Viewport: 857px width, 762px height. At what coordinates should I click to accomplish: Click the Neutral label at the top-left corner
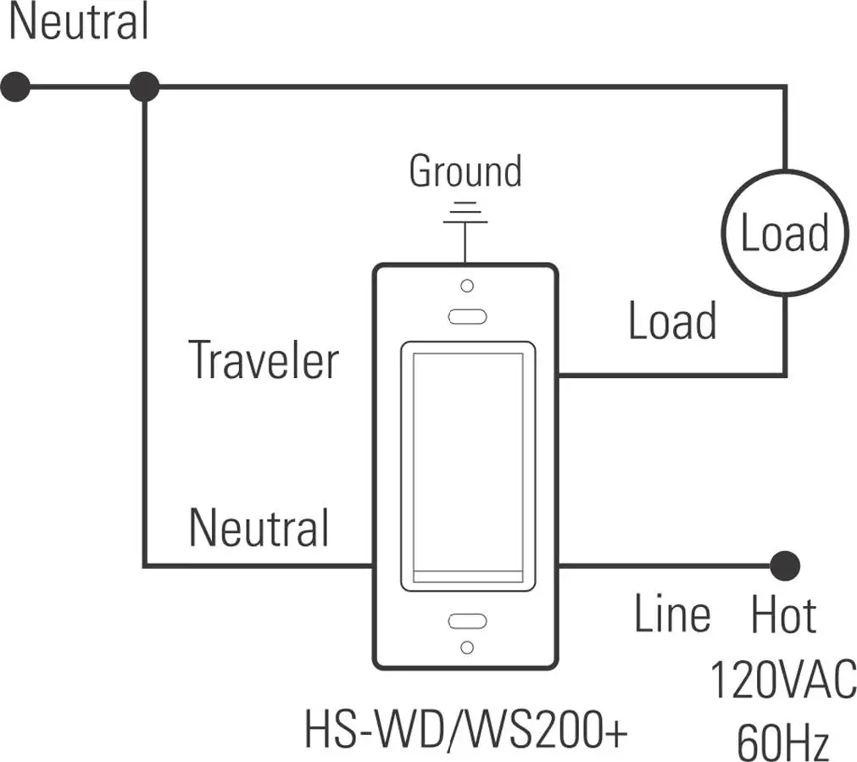(79, 23)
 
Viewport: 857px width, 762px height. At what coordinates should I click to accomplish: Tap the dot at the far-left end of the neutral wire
(16, 86)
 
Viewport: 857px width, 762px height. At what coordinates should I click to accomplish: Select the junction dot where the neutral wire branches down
(145, 86)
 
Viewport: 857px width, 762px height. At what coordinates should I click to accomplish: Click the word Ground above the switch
(465, 172)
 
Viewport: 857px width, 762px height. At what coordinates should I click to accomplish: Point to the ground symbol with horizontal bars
(465, 213)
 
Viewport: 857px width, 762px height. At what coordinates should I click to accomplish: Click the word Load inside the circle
(784, 233)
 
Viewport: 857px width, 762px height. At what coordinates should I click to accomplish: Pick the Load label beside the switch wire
(672, 322)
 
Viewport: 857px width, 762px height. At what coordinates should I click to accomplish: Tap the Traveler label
(263, 359)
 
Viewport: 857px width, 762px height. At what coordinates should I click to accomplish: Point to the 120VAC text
(782, 681)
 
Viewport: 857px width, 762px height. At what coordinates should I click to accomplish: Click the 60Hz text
(782, 742)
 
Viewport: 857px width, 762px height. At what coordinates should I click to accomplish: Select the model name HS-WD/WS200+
(465, 730)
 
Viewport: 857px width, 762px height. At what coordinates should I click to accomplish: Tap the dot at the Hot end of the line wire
(785, 565)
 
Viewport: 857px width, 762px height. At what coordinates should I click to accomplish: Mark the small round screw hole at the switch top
(466, 286)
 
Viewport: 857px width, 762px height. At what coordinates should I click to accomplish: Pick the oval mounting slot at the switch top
(466, 316)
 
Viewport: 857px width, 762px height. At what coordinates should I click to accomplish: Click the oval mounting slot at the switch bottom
(466, 620)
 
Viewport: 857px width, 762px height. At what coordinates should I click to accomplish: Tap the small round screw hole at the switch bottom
(466, 648)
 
